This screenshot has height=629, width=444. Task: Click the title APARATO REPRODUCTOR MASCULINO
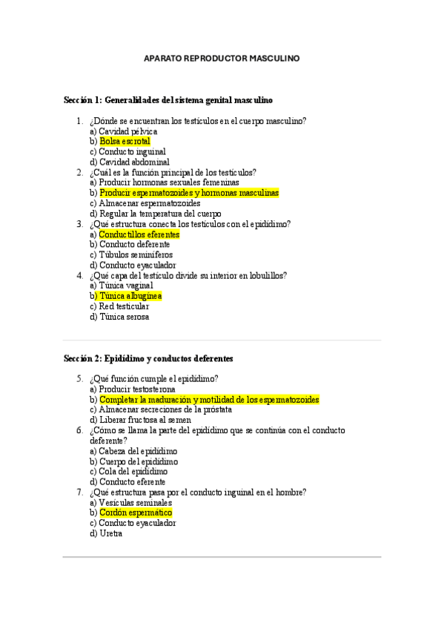pos(222,59)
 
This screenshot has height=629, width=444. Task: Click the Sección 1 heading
pos(168,99)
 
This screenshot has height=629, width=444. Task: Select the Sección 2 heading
pos(148,358)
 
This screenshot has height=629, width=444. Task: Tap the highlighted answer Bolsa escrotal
pos(125,141)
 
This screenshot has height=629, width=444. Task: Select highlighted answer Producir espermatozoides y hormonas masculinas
pos(189,193)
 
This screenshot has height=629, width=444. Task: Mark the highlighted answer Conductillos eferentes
pos(139,234)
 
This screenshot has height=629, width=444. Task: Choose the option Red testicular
pos(124,306)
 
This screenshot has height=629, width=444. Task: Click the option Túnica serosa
pos(124,317)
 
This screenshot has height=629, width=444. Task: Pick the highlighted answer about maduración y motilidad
pos(209,400)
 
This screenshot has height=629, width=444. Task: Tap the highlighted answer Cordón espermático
pos(136,513)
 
